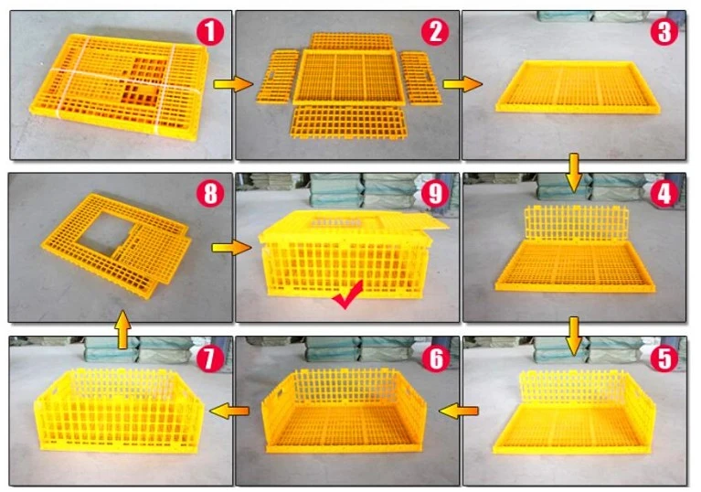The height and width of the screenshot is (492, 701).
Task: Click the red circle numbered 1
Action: (x=210, y=32)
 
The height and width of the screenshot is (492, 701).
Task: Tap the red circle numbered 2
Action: (x=435, y=32)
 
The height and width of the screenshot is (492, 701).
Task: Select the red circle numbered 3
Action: (x=664, y=32)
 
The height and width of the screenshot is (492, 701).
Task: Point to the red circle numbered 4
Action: (x=664, y=194)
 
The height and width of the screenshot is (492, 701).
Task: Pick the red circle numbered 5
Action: (x=664, y=358)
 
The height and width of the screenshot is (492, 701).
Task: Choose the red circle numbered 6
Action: (x=435, y=358)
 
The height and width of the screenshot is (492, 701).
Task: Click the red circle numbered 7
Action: (x=210, y=358)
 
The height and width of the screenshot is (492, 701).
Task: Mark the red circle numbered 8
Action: (x=210, y=194)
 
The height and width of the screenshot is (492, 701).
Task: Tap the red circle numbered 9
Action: (x=435, y=194)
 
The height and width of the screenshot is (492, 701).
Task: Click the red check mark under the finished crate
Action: (x=347, y=295)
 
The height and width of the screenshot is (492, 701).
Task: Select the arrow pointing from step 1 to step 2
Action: (x=233, y=83)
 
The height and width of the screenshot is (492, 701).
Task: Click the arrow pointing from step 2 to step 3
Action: (x=462, y=83)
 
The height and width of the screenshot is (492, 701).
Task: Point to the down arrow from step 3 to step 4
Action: (x=574, y=172)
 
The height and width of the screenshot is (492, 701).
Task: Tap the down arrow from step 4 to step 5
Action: (x=574, y=337)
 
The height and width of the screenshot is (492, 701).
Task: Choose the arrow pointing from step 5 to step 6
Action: (x=459, y=410)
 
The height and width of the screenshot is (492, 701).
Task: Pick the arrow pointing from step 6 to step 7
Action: (x=228, y=410)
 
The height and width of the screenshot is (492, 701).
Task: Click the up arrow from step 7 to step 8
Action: (x=123, y=329)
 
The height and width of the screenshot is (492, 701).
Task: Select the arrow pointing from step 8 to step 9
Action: (x=231, y=247)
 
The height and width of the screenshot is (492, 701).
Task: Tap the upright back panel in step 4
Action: (x=577, y=224)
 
